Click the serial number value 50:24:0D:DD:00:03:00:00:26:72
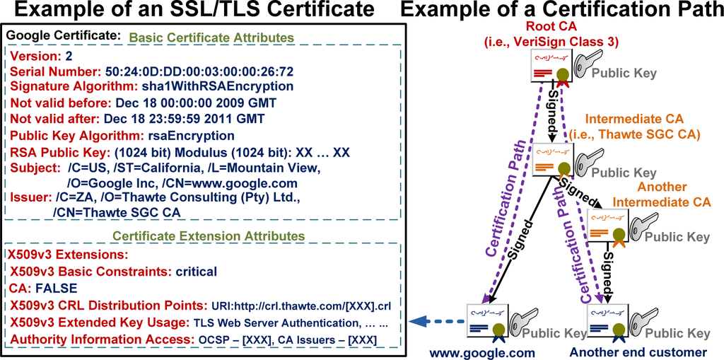pyautogui.click(x=201, y=71)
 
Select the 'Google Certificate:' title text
pyautogui.click(x=63, y=35)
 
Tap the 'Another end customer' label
pyautogui.click(x=638, y=352)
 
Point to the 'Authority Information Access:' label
pyautogui.click(x=100, y=340)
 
